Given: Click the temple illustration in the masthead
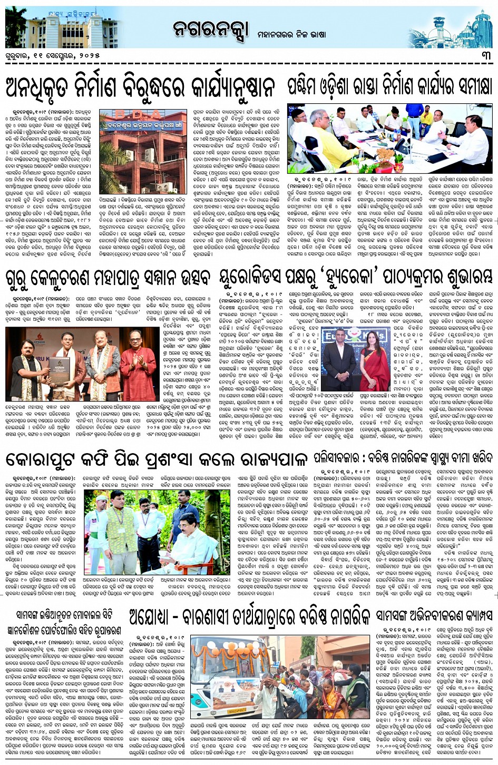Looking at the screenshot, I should (464, 26).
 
